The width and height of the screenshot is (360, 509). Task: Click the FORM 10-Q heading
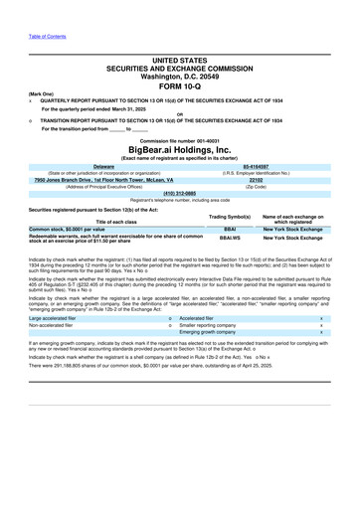coord(179,85)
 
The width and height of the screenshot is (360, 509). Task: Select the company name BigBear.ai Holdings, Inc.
coord(179,146)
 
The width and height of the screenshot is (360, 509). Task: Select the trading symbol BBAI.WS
coord(230,239)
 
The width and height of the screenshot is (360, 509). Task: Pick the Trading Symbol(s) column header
coord(230,216)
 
